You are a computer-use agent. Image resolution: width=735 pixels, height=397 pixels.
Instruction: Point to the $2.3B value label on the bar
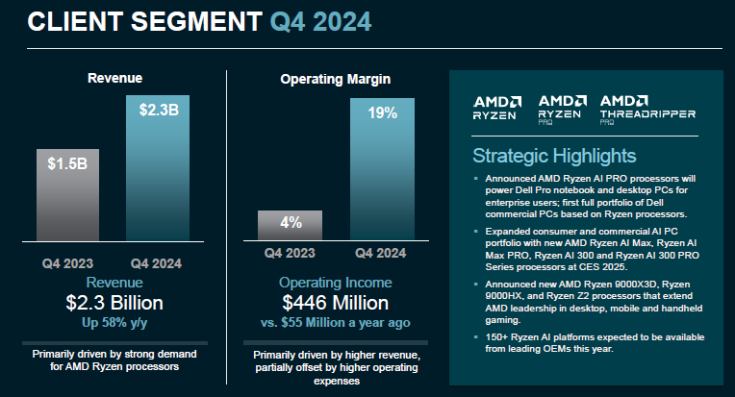(x=157, y=109)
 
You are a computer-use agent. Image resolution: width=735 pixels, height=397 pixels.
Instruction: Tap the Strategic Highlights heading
(x=553, y=156)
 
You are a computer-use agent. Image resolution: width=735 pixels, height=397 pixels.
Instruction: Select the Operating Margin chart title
(x=336, y=77)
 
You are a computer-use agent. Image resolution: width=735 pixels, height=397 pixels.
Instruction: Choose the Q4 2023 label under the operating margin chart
(x=291, y=253)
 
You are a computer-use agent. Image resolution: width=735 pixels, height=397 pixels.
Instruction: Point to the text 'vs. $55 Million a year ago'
(x=336, y=322)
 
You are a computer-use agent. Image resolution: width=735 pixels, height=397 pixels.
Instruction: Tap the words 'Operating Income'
(x=336, y=284)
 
